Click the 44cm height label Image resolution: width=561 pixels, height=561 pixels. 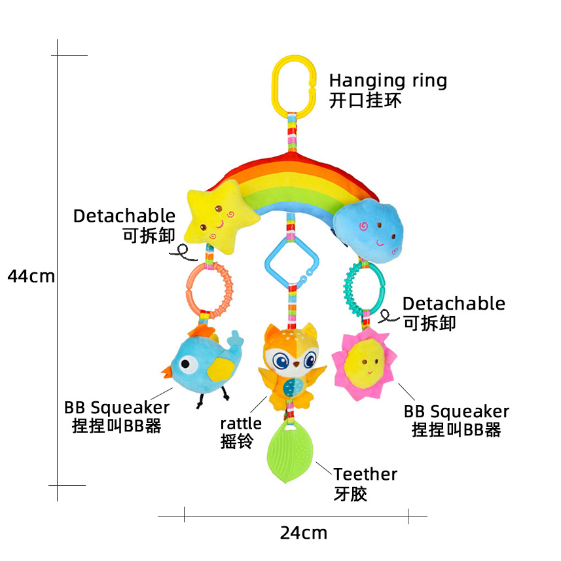coord(31,277)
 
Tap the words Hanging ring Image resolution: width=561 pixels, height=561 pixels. coord(388,81)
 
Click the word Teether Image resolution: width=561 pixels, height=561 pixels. coord(365,474)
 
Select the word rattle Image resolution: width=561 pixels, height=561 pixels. coord(241,424)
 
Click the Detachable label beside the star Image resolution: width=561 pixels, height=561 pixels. coord(124,216)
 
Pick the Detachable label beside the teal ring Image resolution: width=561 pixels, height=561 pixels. coord(454,304)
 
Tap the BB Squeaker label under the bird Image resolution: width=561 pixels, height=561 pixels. coord(117,407)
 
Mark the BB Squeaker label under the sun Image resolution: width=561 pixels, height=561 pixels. coord(456,412)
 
